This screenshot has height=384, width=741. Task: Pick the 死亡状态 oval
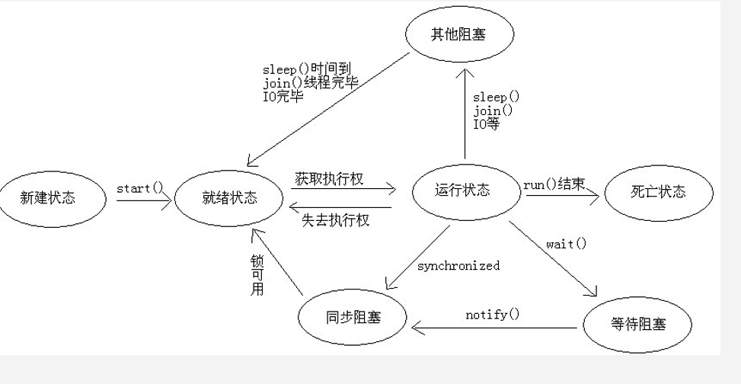659,192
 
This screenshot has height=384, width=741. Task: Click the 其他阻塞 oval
458,34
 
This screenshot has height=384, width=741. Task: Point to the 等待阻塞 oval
637,324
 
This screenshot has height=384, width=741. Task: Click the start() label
140,187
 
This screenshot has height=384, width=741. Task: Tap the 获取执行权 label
328,180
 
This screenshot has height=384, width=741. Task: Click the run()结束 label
554,184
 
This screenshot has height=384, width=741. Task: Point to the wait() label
567,244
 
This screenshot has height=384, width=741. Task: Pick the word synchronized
458,266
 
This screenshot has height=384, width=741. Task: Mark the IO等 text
487,123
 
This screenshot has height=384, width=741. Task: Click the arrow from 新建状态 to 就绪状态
144,201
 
